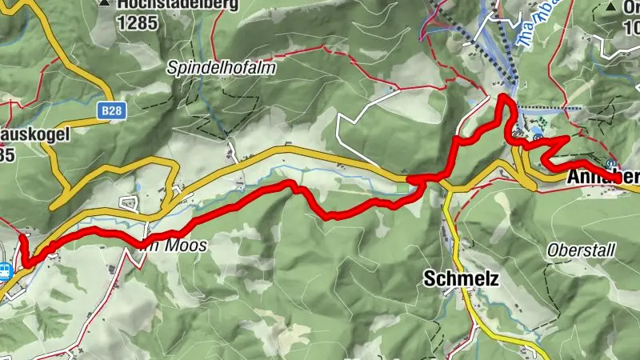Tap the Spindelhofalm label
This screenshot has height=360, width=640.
(x=222, y=69)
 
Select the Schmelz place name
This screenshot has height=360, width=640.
(x=462, y=279)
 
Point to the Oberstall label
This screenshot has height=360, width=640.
(x=581, y=250)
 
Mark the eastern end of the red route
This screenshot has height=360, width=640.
(x=620, y=180)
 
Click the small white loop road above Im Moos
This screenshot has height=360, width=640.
(x=129, y=202)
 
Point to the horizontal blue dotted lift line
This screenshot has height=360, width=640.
(x=552, y=106)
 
